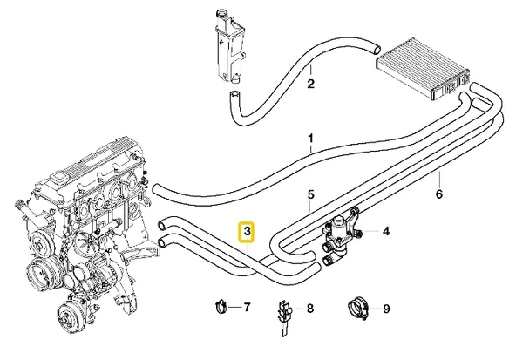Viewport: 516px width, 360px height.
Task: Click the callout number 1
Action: click(309, 138)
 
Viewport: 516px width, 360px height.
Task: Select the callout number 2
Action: click(309, 85)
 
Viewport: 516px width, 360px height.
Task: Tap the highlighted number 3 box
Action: click(248, 232)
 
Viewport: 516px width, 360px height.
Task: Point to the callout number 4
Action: click(386, 232)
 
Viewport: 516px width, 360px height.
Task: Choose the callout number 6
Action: click(439, 194)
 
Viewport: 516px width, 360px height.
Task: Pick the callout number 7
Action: click(248, 307)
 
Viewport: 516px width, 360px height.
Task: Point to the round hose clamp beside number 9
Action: click(357, 307)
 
